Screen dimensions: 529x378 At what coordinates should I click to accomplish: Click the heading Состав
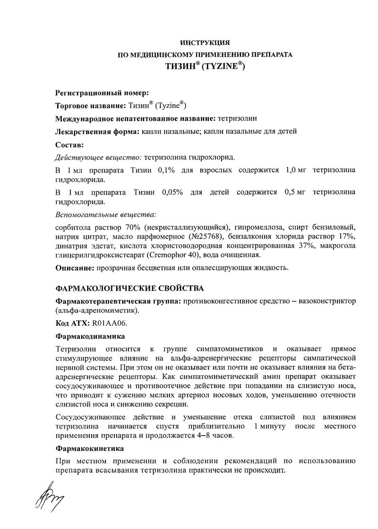pos(69,144)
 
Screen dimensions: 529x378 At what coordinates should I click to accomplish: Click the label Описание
pos(74,268)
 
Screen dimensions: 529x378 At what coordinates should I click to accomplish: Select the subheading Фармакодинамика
pos(90,337)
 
